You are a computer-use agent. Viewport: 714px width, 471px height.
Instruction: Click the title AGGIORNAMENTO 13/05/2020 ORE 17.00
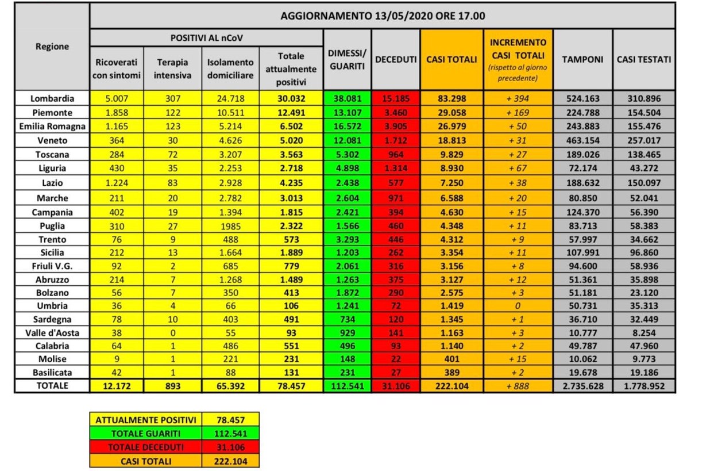[382, 16]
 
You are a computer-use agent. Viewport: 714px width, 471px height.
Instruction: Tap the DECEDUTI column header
[396, 59]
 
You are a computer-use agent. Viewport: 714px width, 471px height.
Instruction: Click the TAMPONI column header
[582, 59]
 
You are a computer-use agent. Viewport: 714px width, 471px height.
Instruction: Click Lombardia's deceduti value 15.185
[396, 98]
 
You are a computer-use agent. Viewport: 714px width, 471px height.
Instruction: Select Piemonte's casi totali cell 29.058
[451, 112]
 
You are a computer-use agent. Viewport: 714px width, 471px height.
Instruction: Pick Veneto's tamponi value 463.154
[582, 140]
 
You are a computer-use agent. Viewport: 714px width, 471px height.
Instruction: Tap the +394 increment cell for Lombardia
[518, 98]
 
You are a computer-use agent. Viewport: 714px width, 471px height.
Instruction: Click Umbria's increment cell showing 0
[518, 306]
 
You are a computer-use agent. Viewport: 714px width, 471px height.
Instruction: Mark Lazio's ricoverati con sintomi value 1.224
[117, 183]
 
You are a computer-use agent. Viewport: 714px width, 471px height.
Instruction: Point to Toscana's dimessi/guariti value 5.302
[347, 154]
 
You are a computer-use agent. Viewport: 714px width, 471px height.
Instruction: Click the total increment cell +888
[518, 386]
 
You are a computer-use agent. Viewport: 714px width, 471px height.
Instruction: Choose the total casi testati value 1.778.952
[644, 386]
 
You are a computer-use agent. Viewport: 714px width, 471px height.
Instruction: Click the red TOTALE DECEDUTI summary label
[146, 447]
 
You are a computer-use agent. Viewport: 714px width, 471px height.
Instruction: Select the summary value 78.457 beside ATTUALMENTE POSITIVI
[230, 420]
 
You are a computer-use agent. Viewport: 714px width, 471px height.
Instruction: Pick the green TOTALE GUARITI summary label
[146, 433]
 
